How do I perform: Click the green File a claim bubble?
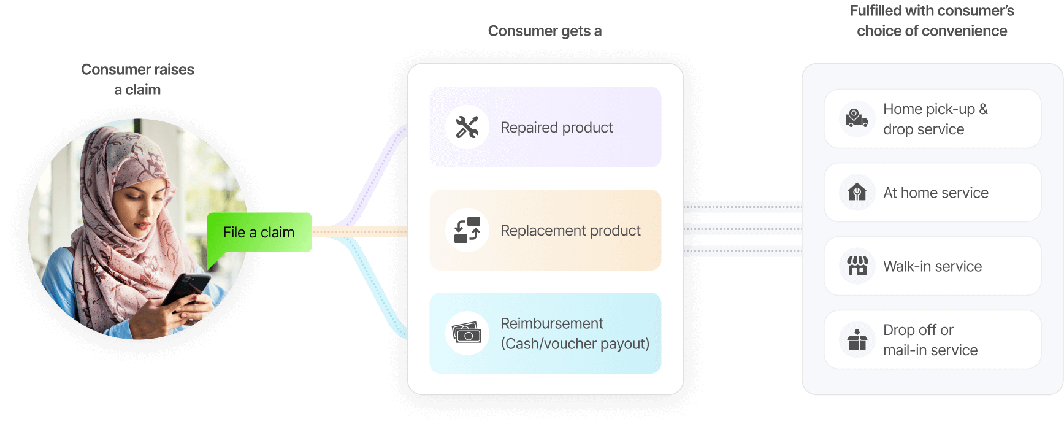pos(259,233)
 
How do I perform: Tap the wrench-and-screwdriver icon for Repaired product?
pos(467,127)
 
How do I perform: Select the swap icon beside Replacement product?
pos(467,230)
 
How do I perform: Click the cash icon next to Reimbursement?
pos(467,333)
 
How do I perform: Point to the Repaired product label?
pos(556,128)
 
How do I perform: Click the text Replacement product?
pos(570,231)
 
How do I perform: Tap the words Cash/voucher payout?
pos(575,344)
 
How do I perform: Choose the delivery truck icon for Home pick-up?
pos(857,118)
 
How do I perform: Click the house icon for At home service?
pos(857,192)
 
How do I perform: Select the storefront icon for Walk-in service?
pos(857,266)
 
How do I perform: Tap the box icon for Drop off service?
pos(857,339)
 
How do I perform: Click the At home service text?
pos(935,193)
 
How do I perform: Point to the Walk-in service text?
pos(932,266)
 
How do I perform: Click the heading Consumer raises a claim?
pos(137,79)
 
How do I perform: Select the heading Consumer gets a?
pos(545,31)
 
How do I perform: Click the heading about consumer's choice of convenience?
pos(932,21)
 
